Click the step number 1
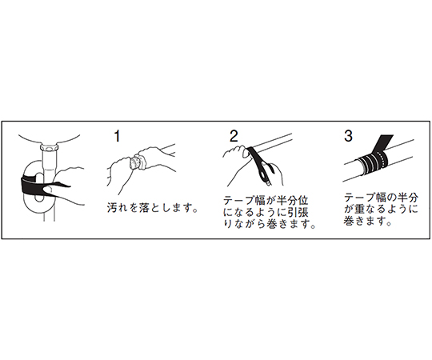point(118,136)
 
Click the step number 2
point(234,136)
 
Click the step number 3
point(348,135)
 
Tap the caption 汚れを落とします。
point(153,208)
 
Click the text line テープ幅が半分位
point(266,200)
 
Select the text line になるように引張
point(266,212)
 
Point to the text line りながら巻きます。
point(269,224)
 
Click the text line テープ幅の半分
point(381,198)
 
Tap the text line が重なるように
point(381,209)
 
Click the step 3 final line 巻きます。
point(367,221)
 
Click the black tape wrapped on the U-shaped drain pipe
point(30,183)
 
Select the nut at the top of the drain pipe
point(50,148)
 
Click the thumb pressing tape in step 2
point(246,153)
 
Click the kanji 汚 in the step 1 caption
point(112,208)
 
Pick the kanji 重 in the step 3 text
point(360,209)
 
